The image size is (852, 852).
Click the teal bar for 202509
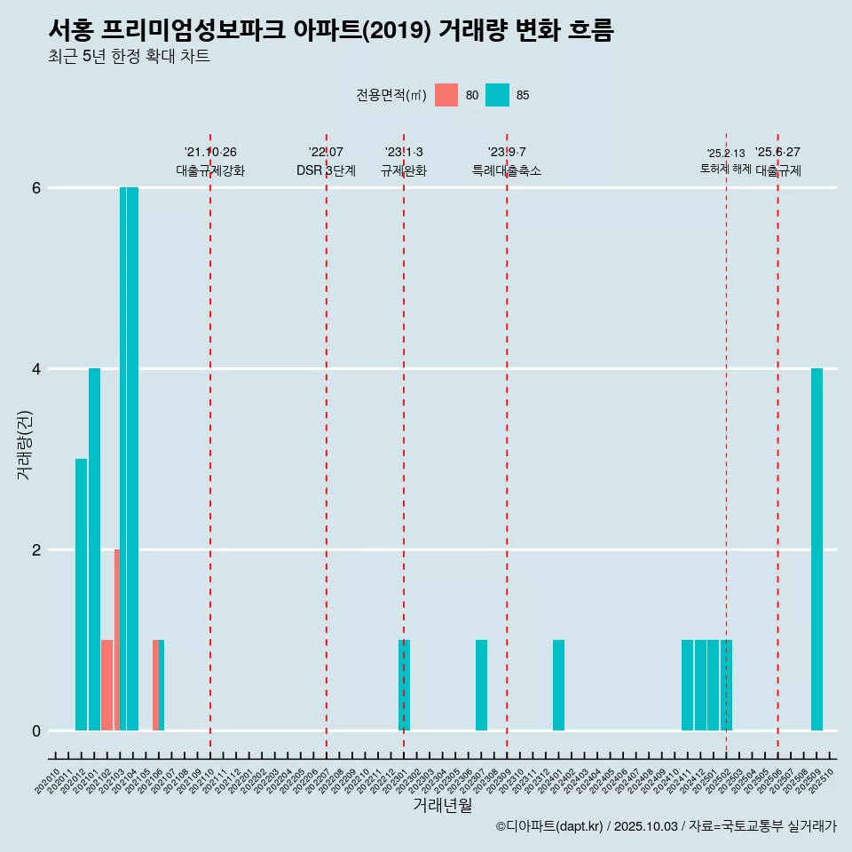point(816,549)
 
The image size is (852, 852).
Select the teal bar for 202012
point(82,595)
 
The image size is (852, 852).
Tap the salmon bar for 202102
point(107,685)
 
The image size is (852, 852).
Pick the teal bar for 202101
point(94,549)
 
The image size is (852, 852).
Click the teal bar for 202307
point(481,685)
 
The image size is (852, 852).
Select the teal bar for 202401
point(558,685)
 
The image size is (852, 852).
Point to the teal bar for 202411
point(687,685)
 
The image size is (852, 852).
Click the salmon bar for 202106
point(155,685)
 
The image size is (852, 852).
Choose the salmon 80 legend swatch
point(446,95)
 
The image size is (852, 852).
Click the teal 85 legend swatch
point(498,95)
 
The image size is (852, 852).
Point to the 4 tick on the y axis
point(36,368)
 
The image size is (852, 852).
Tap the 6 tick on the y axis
point(36,187)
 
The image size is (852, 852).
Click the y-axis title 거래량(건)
point(25,445)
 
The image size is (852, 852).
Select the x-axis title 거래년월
point(442,805)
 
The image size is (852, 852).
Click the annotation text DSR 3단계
point(326,170)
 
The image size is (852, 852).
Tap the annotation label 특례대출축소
point(507,170)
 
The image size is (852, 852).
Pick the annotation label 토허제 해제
point(726,169)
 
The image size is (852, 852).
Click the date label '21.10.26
point(210,152)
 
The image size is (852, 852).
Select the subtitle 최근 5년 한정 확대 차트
point(129,57)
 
